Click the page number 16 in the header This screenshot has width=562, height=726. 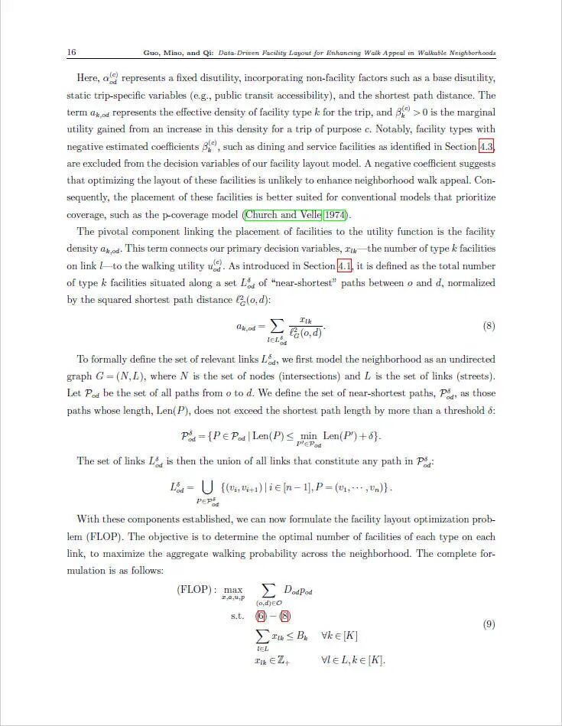(x=71, y=53)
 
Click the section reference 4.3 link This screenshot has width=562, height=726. (x=487, y=146)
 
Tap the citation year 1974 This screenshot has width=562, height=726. (x=334, y=215)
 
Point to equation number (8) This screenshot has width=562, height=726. (x=489, y=326)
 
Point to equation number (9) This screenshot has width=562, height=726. (x=489, y=624)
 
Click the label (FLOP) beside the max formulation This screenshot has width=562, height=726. (x=197, y=590)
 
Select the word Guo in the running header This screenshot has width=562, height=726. (x=151, y=54)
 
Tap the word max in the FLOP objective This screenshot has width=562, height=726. (x=233, y=591)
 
